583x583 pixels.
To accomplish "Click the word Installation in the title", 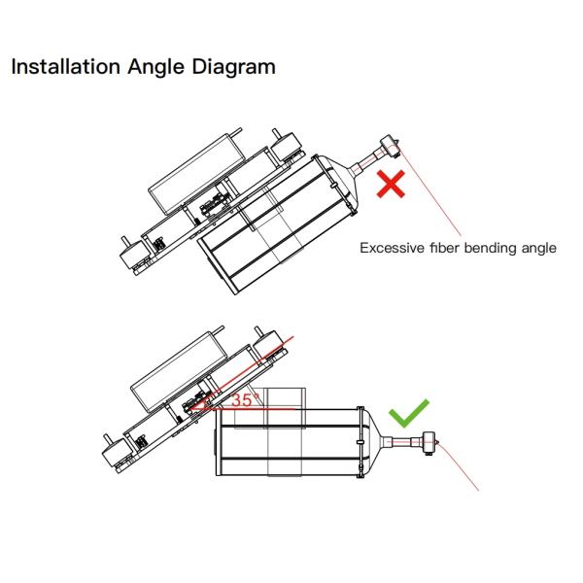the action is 66,66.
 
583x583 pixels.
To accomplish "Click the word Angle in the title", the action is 155,68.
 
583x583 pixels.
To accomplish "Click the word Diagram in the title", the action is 233,68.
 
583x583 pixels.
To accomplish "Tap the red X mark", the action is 391,184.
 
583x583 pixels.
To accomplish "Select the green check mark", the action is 408,413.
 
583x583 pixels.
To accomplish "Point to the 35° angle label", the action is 246,400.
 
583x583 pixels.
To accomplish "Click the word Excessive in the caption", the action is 392,248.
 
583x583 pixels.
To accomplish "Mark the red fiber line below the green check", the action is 458,466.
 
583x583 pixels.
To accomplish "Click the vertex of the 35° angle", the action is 189,409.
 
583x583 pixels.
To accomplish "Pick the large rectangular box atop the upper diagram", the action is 196,174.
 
